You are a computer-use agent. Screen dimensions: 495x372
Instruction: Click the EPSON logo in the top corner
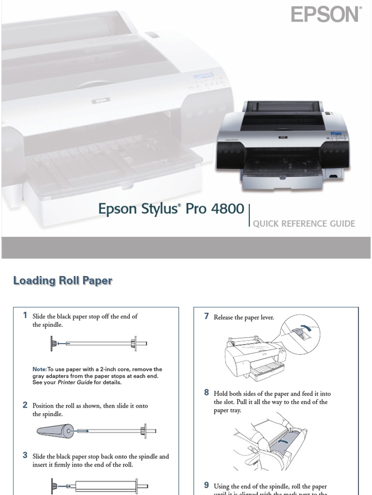coord(326,15)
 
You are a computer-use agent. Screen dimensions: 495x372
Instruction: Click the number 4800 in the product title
coord(225,209)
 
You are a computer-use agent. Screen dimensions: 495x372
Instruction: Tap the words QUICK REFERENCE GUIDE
coord(304,224)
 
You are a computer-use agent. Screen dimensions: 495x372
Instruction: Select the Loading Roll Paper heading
coord(62,280)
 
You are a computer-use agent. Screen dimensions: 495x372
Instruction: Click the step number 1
coord(25,316)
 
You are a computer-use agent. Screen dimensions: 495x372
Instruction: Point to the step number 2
coord(25,405)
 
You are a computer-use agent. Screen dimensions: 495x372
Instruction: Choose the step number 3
coord(25,455)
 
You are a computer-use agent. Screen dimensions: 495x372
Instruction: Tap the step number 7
coord(206,317)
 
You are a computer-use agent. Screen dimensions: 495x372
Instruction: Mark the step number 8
coord(206,393)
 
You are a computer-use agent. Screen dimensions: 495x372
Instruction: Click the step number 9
coord(206,485)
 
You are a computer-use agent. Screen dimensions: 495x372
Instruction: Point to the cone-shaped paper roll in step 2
coord(56,431)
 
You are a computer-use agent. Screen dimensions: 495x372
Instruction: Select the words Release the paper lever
coord(244,318)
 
